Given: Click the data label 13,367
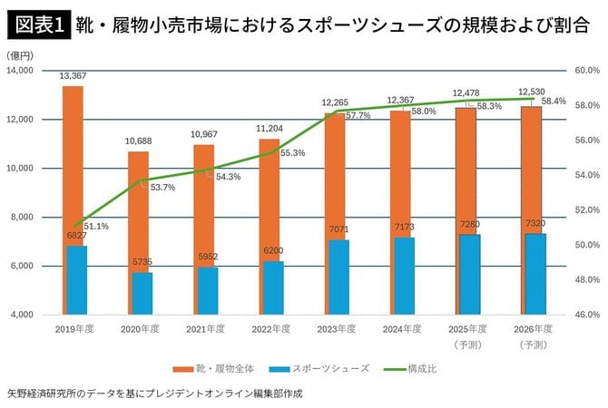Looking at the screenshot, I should click(73, 76).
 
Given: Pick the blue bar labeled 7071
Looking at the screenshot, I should click(338, 277).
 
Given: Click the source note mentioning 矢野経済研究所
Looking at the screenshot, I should click(154, 394).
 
